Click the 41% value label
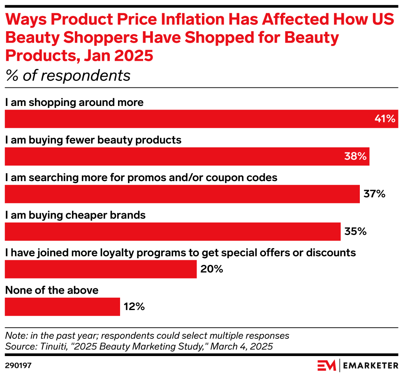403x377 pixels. point(384,119)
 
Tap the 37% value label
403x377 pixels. point(374,194)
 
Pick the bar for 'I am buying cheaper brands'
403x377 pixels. point(173,231)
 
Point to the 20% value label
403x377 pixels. point(212,269)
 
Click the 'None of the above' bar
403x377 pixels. point(62,307)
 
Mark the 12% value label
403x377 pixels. point(134,307)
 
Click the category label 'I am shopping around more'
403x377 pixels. point(74,102)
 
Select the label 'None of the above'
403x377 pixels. point(52,290)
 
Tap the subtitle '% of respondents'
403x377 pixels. point(67,76)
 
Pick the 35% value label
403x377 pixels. point(355,231)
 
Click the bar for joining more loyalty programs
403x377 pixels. point(101,269)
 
